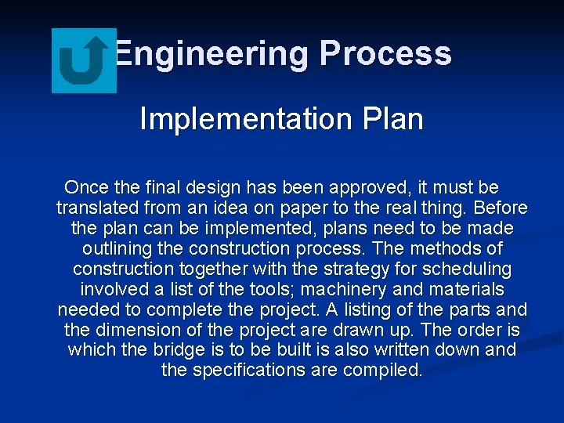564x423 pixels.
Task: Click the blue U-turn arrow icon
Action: pos(84,60)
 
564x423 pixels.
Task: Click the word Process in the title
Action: pos(385,53)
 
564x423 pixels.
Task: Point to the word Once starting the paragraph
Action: pos(87,188)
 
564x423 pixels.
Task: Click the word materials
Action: pos(465,290)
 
